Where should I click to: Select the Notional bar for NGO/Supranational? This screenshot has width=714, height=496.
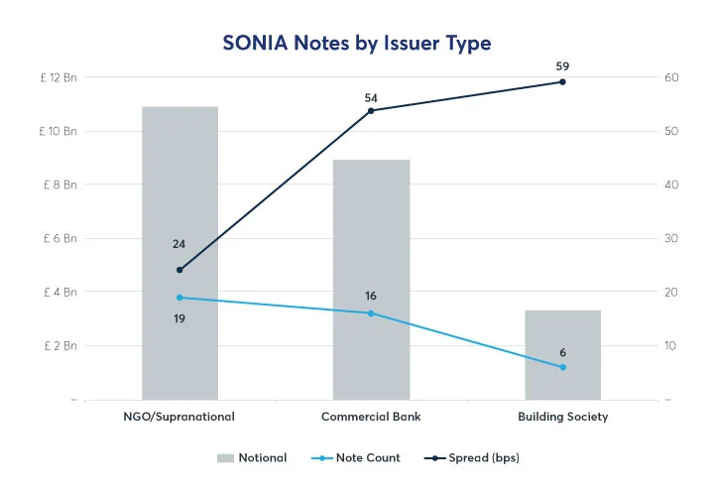pyautogui.click(x=179, y=253)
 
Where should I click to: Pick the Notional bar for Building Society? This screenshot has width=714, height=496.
pyautogui.click(x=562, y=354)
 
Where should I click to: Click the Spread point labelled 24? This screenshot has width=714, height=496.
pyautogui.click(x=179, y=270)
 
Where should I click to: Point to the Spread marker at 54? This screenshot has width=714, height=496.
pyautogui.click(x=371, y=110)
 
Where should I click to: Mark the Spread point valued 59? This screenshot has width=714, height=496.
pyautogui.click(x=562, y=81)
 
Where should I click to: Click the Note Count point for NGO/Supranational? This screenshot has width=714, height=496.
pyautogui.click(x=179, y=298)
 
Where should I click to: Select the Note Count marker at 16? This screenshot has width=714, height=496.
pyautogui.click(x=371, y=313)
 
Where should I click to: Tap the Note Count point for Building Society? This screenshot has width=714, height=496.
pyautogui.click(x=562, y=367)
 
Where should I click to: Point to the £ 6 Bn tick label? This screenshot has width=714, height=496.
pyautogui.click(x=60, y=238)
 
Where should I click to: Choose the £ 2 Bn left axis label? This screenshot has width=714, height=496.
pyautogui.click(x=60, y=345)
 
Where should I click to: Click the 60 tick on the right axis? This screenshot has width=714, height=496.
pyautogui.click(x=670, y=77)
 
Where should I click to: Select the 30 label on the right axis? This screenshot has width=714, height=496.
pyautogui.click(x=670, y=238)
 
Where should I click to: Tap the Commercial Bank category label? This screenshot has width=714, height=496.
pyautogui.click(x=371, y=417)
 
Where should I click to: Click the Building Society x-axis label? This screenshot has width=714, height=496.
pyautogui.click(x=562, y=417)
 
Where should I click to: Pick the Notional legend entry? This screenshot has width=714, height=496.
pyautogui.click(x=252, y=458)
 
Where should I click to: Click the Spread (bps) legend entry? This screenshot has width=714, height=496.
pyautogui.click(x=472, y=458)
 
